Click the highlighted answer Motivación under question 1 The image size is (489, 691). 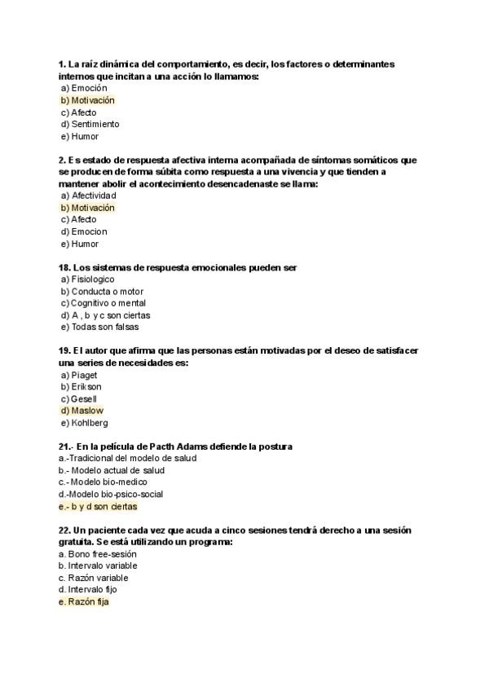[87, 100]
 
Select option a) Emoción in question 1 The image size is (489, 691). [84, 88]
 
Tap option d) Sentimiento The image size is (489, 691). [90, 124]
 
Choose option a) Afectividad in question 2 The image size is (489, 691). [88, 196]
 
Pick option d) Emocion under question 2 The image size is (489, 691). [84, 231]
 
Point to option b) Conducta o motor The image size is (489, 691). [102, 291]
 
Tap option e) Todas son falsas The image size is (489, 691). [99, 327]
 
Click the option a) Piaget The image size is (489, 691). [79, 375]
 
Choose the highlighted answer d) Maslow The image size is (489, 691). [81, 411]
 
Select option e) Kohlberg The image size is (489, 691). [84, 423]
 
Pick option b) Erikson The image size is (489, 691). [81, 386]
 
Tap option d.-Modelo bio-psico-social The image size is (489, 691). [111, 494]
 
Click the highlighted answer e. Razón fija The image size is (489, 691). [84, 601]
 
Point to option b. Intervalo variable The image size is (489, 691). [98, 566]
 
